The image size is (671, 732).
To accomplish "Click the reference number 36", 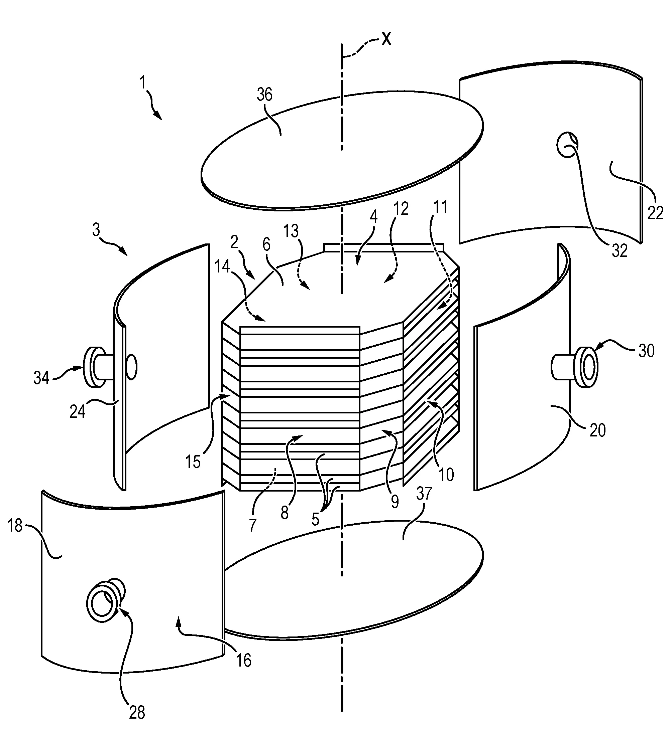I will [264, 95].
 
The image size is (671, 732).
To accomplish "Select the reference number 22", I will [655, 213].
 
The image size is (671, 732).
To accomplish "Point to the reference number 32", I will [620, 251].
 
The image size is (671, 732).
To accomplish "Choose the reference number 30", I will [646, 351].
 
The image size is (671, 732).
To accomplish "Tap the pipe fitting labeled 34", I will [95, 367].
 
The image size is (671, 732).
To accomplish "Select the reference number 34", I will [41, 378].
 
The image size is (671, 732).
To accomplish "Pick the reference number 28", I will [137, 713].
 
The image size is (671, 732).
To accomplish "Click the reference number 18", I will [15, 525].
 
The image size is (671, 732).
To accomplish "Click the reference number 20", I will [597, 430].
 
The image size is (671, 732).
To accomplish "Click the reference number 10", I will [446, 475].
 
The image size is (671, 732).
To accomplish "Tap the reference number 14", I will [222, 267].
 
